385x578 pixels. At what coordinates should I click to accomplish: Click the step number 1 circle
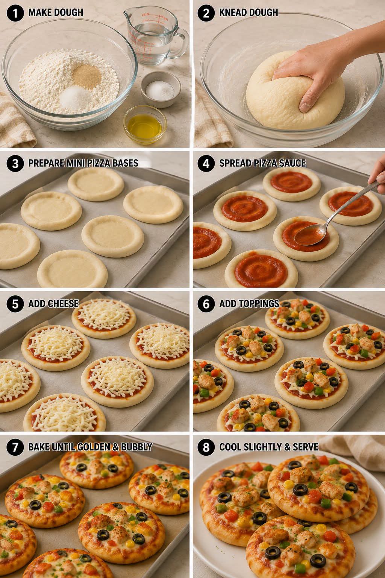pos(15,13)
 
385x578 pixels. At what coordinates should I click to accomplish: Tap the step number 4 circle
pos(206,163)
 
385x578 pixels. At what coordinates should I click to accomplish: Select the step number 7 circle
pos(15,447)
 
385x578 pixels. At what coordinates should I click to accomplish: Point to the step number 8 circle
pos(206,447)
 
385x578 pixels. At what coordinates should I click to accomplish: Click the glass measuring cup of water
pos(152,35)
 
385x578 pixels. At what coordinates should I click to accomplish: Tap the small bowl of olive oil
pos(145,124)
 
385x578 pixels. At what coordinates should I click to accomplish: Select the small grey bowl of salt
pos(161,89)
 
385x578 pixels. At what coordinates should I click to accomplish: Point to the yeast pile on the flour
pos(86,76)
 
